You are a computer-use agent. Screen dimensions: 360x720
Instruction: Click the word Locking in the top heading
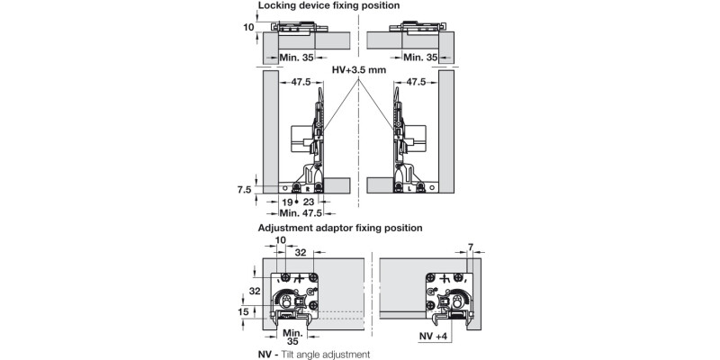pyautogui.click(x=277, y=5)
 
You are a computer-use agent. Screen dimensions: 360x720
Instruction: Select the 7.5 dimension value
pyautogui.click(x=244, y=190)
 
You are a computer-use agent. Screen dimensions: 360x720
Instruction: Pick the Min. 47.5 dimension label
pyautogui.click(x=300, y=214)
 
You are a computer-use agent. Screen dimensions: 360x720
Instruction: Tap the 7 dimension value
pyautogui.click(x=471, y=246)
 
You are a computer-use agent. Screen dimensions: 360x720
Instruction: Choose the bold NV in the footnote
pyautogui.click(x=265, y=355)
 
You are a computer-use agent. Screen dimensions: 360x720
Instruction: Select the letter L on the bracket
pyautogui.click(x=409, y=189)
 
